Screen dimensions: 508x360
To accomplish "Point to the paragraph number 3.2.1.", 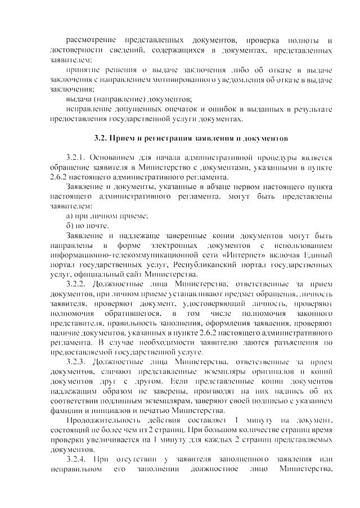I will point(78,157).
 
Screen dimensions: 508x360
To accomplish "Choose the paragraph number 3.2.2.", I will point(78,284).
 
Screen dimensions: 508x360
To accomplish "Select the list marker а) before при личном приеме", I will point(70,216).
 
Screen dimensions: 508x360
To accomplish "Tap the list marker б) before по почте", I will point(70,226).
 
